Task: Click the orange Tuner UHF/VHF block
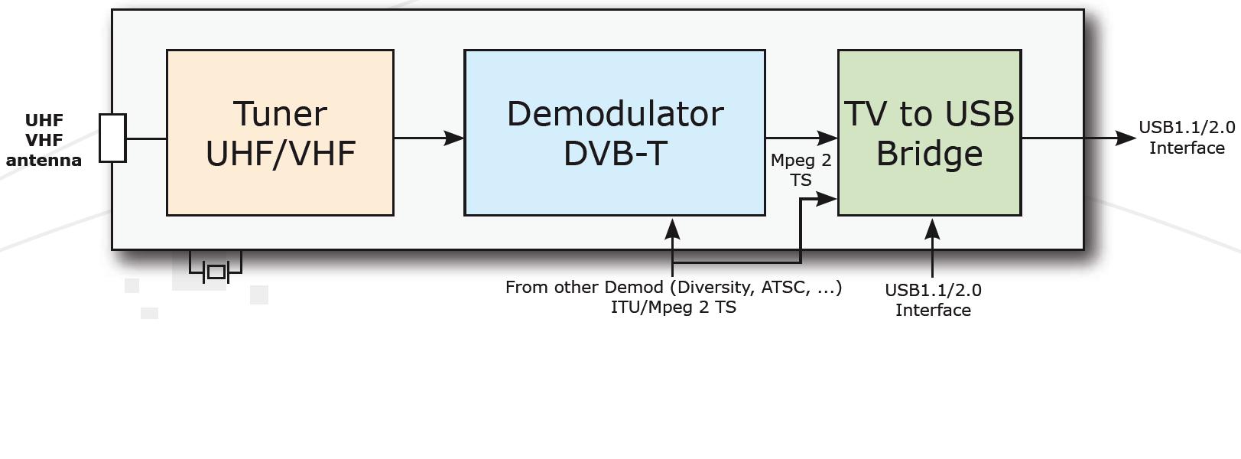280,184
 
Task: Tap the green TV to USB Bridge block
929,191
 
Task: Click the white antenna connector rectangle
112,138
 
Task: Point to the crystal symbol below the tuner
216,272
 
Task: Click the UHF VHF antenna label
44,140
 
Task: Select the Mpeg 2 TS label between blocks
801,170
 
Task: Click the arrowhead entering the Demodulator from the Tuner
454,138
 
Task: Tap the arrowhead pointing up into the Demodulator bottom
672,229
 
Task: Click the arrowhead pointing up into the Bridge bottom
932,229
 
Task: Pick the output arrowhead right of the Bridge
1126,138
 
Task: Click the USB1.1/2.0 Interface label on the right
1186,138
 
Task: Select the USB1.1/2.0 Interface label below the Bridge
933,300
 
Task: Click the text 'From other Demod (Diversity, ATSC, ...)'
673,287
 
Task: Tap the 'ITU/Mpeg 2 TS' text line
673,308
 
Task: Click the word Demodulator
615,114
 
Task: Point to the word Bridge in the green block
929,153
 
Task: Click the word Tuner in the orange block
280,114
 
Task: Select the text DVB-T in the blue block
615,153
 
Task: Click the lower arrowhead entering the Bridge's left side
827,199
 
